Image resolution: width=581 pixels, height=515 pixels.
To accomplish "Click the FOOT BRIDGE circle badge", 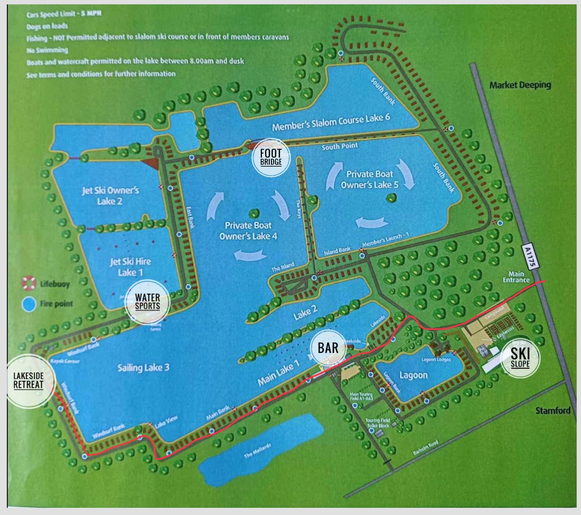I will click(271, 157).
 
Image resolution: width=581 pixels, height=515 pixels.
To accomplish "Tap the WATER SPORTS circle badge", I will click(147, 301).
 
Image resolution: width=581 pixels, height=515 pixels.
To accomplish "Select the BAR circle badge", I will click(328, 348).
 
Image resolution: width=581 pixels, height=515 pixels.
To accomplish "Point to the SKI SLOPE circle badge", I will click(520, 358).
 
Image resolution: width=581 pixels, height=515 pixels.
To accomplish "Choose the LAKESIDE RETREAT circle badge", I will click(29, 381).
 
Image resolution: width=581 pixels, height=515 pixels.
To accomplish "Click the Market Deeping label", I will click(520, 85).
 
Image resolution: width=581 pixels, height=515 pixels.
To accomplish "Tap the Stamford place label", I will click(553, 411).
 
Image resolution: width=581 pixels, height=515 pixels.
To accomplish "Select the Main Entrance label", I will click(516, 277).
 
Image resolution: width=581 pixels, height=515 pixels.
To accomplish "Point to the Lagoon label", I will click(413, 375).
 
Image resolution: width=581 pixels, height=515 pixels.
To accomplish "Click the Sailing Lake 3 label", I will click(143, 367).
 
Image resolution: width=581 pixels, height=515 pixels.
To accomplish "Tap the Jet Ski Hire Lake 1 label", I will click(130, 266).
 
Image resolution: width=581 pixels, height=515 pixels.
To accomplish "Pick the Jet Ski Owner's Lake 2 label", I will click(110, 196).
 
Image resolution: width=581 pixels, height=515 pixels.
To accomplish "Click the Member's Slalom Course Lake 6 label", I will click(331, 122).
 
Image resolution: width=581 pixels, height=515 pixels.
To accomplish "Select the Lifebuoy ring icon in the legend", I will click(29, 283).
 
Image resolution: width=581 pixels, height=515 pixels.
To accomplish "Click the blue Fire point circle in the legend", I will click(29, 304).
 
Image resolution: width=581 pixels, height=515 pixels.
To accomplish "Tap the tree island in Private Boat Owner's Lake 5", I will click(391, 198).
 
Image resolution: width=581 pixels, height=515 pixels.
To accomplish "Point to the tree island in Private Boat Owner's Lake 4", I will click(254, 213).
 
